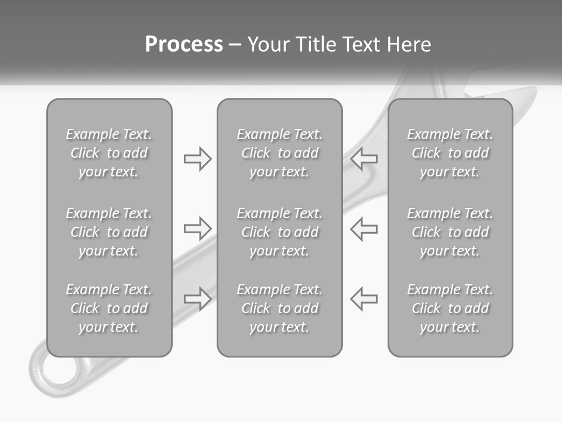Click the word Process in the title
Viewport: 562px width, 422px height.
coord(184,45)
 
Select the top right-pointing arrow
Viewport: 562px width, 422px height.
coord(197,158)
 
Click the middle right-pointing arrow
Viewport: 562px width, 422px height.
coord(197,228)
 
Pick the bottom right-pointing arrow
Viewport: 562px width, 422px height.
coord(197,298)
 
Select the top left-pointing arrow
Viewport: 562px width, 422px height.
coord(364,158)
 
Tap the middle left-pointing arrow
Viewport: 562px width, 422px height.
coord(364,228)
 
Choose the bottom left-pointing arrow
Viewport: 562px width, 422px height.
coord(364,298)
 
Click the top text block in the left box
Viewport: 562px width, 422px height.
coord(109,153)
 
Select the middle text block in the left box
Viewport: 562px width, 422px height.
coord(109,232)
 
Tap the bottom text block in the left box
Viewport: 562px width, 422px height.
coord(109,308)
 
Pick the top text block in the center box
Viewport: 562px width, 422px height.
coord(280,153)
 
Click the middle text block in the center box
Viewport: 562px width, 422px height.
coord(280,232)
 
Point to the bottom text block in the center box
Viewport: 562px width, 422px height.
coord(280,308)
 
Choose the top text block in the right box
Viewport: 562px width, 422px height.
coord(450,153)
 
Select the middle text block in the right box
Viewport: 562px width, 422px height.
coord(450,232)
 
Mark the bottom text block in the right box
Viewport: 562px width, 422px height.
coord(450,308)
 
